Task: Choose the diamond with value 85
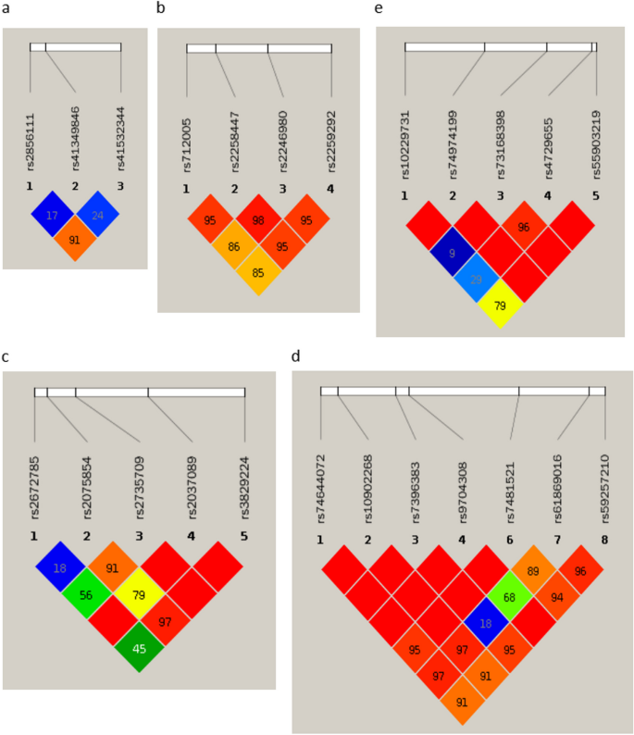coord(258,273)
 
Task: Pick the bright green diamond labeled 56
coord(87,595)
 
